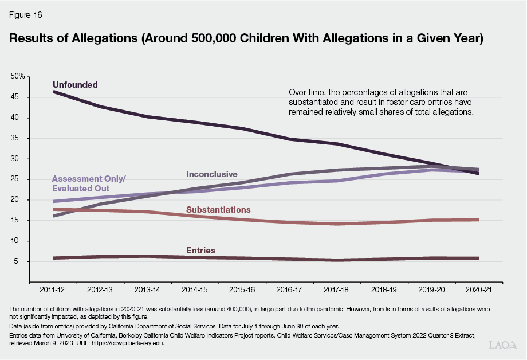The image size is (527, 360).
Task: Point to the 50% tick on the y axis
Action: click(18, 76)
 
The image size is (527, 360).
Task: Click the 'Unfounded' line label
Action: click(75, 85)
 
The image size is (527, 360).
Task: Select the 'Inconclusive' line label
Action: click(211, 174)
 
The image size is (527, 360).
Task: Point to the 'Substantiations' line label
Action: click(218, 210)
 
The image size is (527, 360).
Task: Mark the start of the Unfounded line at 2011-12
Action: click(53, 92)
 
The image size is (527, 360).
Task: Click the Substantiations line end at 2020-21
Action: click(478, 220)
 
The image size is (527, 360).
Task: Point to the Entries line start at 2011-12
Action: click(53, 258)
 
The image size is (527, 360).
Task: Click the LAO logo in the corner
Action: click(502, 346)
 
